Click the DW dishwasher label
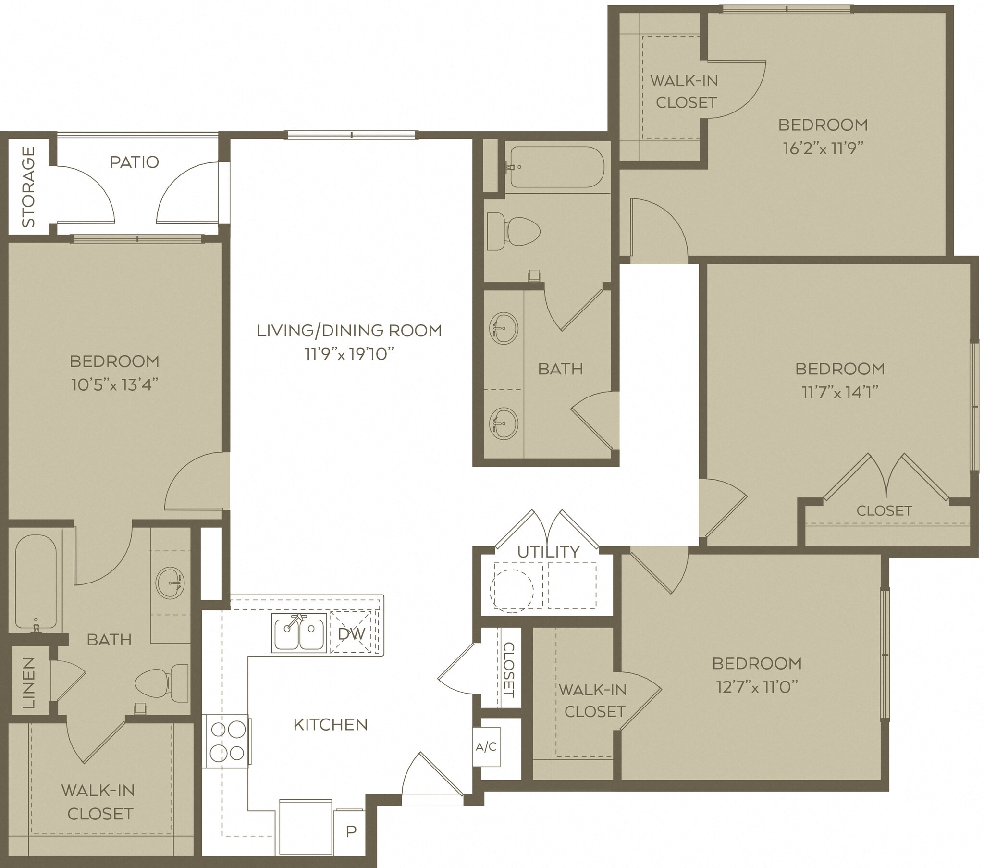click(x=351, y=633)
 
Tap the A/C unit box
click(x=486, y=746)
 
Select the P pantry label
click(x=351, y=831)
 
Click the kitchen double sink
click(x=299, y=633)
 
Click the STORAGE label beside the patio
click(x=28, y=187)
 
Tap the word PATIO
click(x=134, y=162)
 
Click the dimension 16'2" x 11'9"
click(x=822, y=149)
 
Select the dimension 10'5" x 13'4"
click(x=114, y=384)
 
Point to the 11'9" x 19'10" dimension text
click(x=349, y=354)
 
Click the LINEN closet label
click(x=29, y=682)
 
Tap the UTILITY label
click(x=548, y=552)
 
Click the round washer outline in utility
click(x=511, y=591)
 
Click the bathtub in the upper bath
click(x=556, y=167)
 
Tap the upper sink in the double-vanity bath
click(x=504, y=329)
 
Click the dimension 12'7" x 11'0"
click(x=757, y=687)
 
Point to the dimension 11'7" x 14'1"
click(x=839, y=392)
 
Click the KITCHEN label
click(x=330, y=724)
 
